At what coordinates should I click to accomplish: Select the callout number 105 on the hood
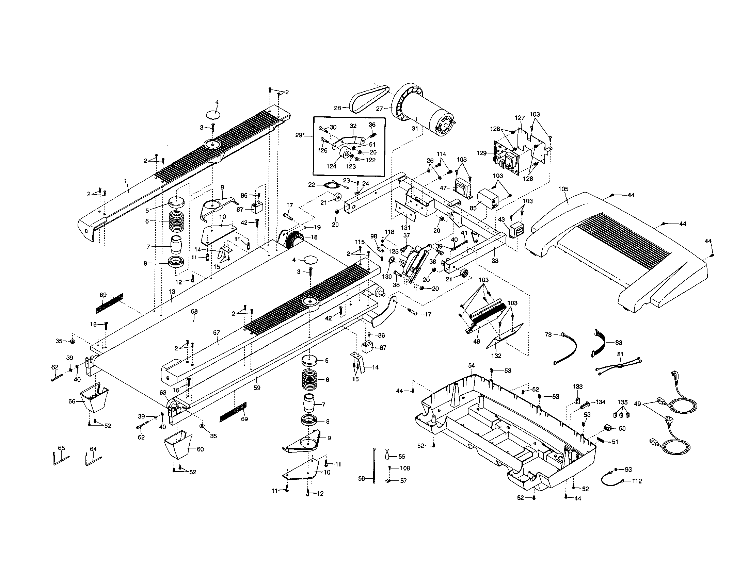563,189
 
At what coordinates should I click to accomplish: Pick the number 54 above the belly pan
472,366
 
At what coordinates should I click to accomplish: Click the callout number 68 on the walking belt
194,311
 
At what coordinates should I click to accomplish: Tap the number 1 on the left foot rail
126,181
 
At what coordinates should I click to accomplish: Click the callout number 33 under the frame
495,260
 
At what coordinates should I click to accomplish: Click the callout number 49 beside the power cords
637,404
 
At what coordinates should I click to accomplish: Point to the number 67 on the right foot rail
217,333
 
